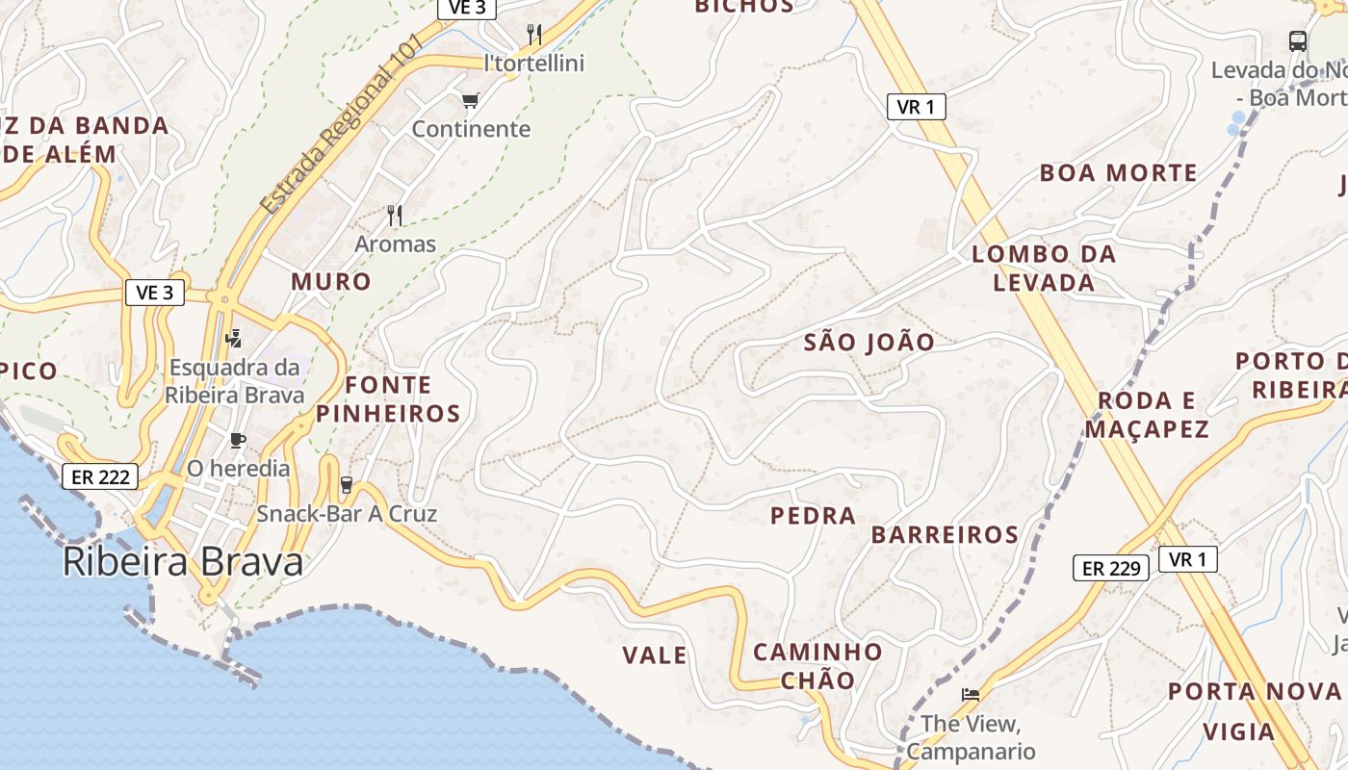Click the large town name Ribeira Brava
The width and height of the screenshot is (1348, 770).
(183, 562)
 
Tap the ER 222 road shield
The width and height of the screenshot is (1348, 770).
(100, 475)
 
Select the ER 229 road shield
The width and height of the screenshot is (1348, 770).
(1111, 568)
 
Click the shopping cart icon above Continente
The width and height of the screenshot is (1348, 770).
(471, 100)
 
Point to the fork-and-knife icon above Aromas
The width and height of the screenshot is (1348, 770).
(395, 215)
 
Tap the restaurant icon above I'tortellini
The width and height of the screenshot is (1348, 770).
(534, 35)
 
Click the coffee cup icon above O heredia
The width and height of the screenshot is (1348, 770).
(238, 440)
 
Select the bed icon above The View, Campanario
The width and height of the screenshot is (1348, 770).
(971, 694)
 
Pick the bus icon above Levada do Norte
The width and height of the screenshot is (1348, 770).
(1298, 41)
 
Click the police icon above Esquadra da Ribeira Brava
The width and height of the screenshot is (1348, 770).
(233, 338)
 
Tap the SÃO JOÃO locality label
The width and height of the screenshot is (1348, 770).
(868, 342)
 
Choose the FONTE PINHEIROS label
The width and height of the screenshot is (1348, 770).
(388, 399)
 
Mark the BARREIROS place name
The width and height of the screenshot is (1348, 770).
(945, 535)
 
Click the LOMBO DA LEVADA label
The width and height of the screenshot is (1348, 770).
(1044, 269)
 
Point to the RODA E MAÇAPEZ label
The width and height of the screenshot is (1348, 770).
(1147, 415)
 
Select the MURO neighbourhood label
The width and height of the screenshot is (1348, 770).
(331, 281)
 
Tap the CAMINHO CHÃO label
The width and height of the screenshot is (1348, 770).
(817, 666)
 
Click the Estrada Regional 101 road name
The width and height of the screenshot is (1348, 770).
(343, 125)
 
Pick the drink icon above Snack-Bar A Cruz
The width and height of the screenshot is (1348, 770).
(347, 485)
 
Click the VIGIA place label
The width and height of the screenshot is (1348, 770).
(1239, 731)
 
